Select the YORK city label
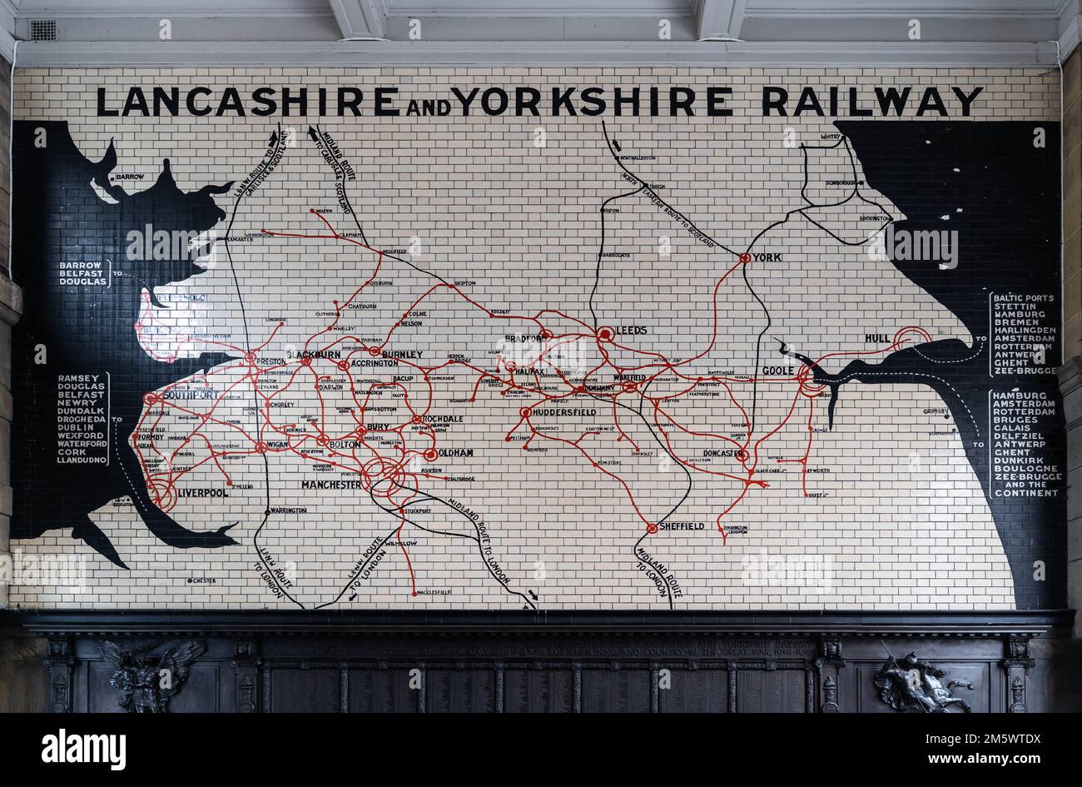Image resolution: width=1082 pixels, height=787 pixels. [767, 257]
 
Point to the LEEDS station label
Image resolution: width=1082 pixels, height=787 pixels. [632, 331]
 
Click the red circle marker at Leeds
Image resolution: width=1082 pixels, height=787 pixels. [605, 334]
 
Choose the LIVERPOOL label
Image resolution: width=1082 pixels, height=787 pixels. [202, 493]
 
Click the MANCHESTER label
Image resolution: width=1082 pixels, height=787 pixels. [331, 485]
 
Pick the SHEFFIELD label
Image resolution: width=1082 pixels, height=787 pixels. [682, 526]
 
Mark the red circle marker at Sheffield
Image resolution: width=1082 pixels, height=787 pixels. [650, 527]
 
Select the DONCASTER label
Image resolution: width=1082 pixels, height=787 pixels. [716, 454]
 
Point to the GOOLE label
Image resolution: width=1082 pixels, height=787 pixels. [777, 371]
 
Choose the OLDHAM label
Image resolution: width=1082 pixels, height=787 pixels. [456, 453]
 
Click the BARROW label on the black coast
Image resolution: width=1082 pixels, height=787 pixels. [131, 177]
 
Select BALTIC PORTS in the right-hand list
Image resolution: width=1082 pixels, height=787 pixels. [1023, 298]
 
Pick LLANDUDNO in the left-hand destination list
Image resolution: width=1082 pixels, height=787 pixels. [82, 459]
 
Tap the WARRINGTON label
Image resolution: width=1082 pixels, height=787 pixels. [288, 511]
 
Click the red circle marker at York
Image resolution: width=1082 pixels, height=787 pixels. [745, 258]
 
